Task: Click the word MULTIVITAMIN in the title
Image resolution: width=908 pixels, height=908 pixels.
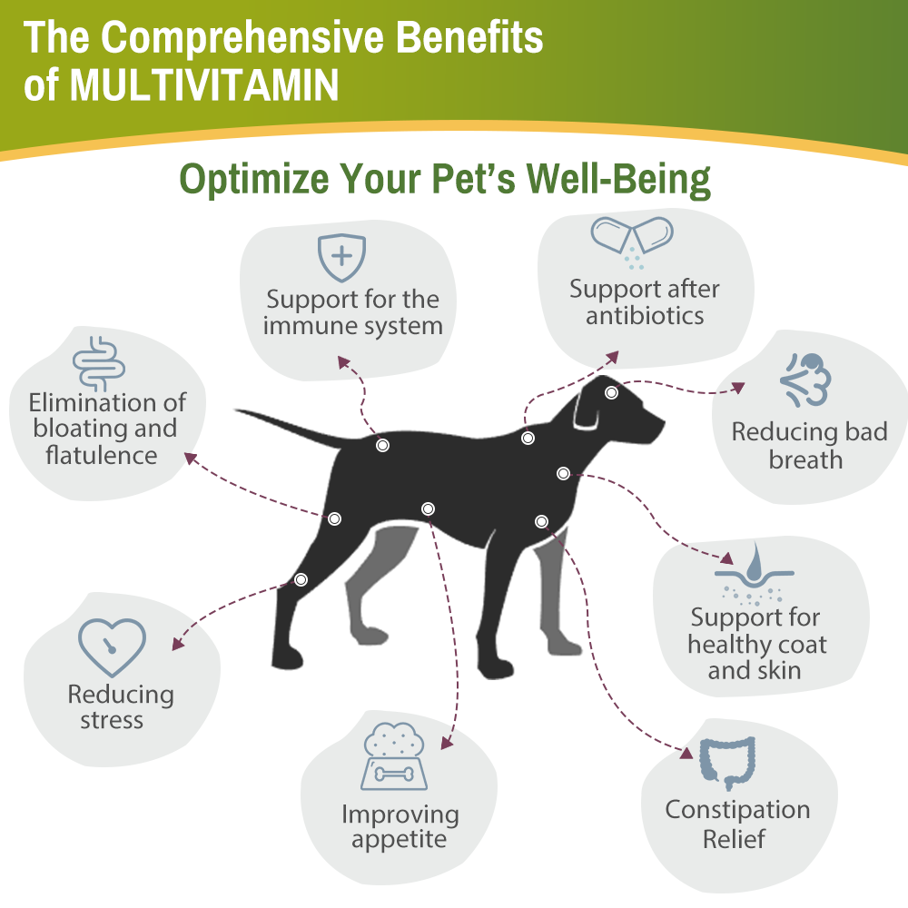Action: (x=204, y=84)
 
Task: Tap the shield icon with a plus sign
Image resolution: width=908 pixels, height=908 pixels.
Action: (x=341, y=258)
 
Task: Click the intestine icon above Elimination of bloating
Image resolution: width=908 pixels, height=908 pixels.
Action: (x=99, y=363)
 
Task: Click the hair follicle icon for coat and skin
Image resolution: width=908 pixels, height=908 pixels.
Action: (x=754, y=574)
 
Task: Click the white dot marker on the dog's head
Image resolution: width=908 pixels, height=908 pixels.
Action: (x=612, y=393)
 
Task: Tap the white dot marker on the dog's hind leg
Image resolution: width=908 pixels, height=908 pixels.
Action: (x=301, y=579)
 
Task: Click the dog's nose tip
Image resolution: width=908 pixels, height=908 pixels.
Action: (x=661, y=424)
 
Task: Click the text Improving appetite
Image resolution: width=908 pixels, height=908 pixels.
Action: (x=400, y=826)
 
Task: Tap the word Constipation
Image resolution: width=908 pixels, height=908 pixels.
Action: (x=737, y=809)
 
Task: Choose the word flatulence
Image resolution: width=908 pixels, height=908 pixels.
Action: (x=102, y=455)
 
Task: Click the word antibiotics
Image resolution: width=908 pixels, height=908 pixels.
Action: (x=645, y=316)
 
